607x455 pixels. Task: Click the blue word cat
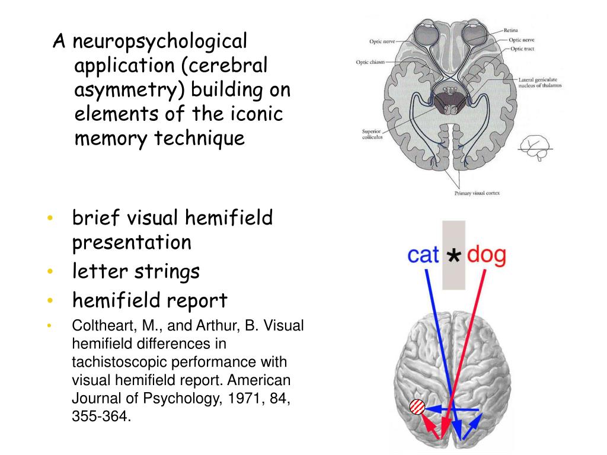point(423,255)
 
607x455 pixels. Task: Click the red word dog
point(487,255)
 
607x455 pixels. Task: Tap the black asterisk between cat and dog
point(453,256)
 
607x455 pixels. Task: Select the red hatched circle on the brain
point(417,407)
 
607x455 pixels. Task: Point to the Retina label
point(512,30)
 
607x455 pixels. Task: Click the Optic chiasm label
point(370,62)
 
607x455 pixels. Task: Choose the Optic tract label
point(522,49)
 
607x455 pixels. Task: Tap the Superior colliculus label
point(372,134)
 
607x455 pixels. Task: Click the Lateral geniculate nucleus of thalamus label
point(539,82)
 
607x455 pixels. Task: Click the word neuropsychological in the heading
point(159,43)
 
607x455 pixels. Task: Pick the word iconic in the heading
point(253,113)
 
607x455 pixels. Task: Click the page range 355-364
point(100,416)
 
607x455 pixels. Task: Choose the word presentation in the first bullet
point(132,242)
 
